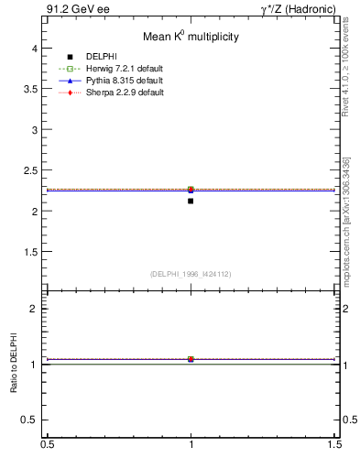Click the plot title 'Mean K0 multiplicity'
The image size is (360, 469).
[x=191, y=37]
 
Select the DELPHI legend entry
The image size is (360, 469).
[x=101, y=57]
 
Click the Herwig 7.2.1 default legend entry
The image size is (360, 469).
[x=117, y=69]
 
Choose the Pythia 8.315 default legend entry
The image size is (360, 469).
[x=116, y=81]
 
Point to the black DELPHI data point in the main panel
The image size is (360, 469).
[x=191, y=201]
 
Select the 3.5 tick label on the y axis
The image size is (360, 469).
[x=30, y=89]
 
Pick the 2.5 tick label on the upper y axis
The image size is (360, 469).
[x=30, y=170]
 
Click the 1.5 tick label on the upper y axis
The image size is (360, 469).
[x=30, y=252]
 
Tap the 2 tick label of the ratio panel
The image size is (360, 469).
[x=34, y=309]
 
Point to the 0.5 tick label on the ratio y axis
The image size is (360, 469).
[x=30, y=420]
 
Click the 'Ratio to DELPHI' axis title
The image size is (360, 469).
[x=14, y=364]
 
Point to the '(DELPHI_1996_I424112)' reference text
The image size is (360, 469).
[x=191, y=274]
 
